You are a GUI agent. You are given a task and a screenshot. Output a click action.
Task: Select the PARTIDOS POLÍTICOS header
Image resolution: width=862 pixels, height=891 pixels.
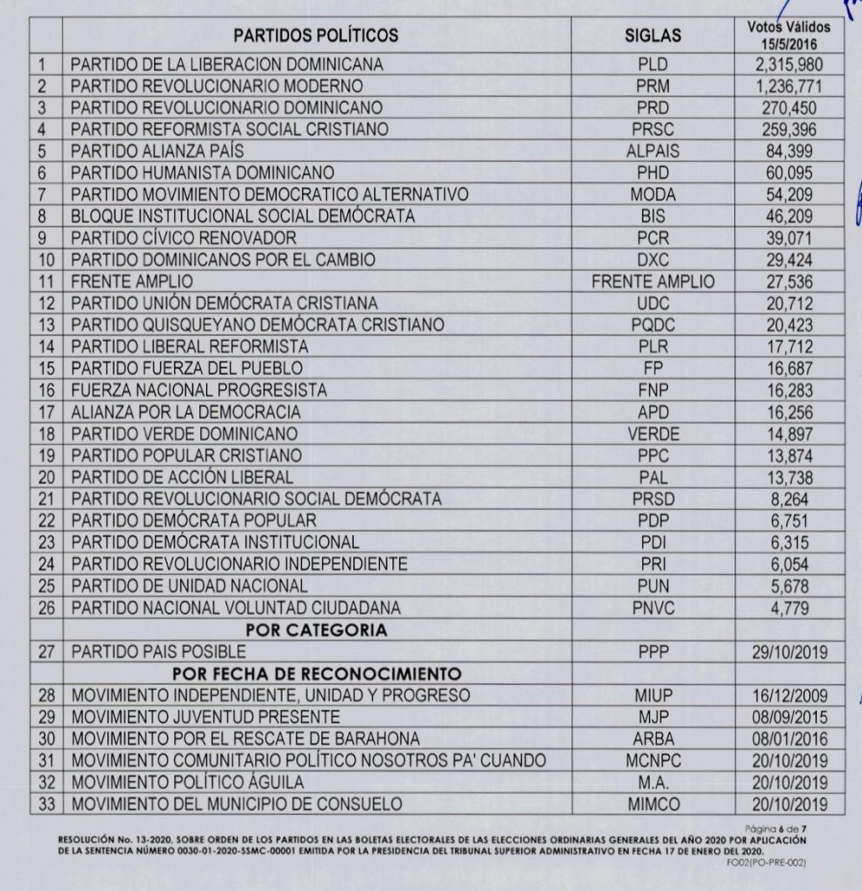click(316, 36)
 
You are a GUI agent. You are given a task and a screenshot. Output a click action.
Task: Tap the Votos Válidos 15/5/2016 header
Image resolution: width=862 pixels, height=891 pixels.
click(789, 34)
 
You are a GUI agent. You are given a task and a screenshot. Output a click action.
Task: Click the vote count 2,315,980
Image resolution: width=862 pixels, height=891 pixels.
click(789, 65)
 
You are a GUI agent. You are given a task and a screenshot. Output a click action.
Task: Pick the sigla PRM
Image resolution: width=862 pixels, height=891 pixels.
click(652, 86)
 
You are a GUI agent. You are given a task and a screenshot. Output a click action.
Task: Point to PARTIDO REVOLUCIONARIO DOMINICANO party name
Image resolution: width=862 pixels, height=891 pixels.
click(226, 108)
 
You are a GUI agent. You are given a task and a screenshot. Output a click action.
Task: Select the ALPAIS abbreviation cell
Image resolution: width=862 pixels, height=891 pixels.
click(652, 151)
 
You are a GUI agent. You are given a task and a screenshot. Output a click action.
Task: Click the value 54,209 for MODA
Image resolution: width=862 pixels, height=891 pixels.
click(789, 194)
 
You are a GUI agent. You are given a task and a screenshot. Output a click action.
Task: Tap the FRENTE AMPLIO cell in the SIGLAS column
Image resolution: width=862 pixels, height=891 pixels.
click(652, 281)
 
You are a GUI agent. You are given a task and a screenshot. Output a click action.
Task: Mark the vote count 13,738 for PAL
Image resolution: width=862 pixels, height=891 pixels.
click(789, 477)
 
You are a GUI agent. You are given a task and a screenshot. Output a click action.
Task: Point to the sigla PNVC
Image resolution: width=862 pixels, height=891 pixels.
click(652, 607)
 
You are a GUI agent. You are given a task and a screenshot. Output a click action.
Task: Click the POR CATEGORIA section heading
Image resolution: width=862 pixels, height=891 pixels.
click(316, 629)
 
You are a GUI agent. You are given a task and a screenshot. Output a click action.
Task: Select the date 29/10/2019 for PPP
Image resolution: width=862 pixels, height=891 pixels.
click(789, 652)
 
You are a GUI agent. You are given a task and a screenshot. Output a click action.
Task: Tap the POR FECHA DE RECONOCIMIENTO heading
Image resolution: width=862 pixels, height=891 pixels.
click(316, 673)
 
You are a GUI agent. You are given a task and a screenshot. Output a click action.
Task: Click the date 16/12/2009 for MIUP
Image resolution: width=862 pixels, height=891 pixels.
click(789, 695)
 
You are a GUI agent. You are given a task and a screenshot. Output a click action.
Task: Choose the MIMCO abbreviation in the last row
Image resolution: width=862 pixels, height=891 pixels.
click(652, 804)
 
